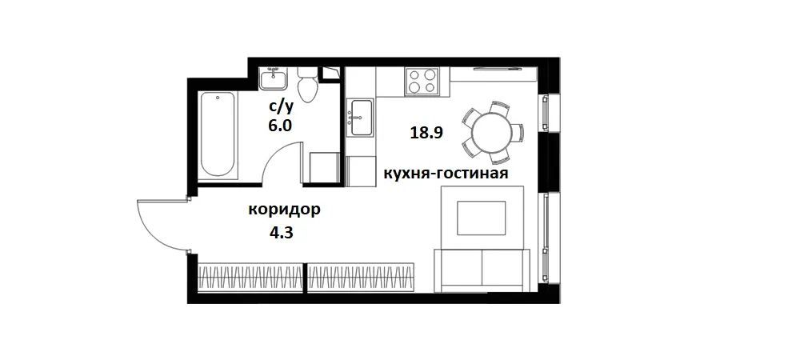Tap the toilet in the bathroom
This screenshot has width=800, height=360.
pos(306,83)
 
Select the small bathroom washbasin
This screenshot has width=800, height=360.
pos(274,79)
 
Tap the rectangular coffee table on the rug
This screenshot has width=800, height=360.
pos(481,217)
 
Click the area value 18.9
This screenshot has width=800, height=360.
pos(426,134)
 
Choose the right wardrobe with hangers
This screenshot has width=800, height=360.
pos(361,276)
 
